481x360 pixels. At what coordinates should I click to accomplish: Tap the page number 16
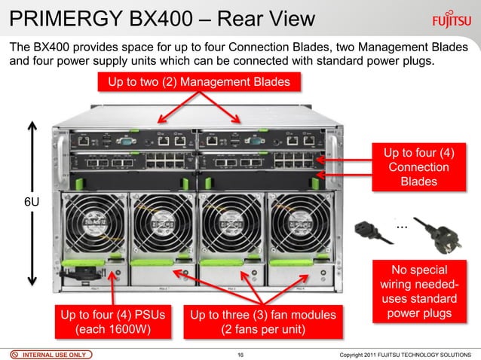tap(240, 353)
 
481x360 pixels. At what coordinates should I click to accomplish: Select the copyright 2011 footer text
tap(406, 353)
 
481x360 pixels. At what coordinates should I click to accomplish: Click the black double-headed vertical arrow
tap(31, 203)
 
